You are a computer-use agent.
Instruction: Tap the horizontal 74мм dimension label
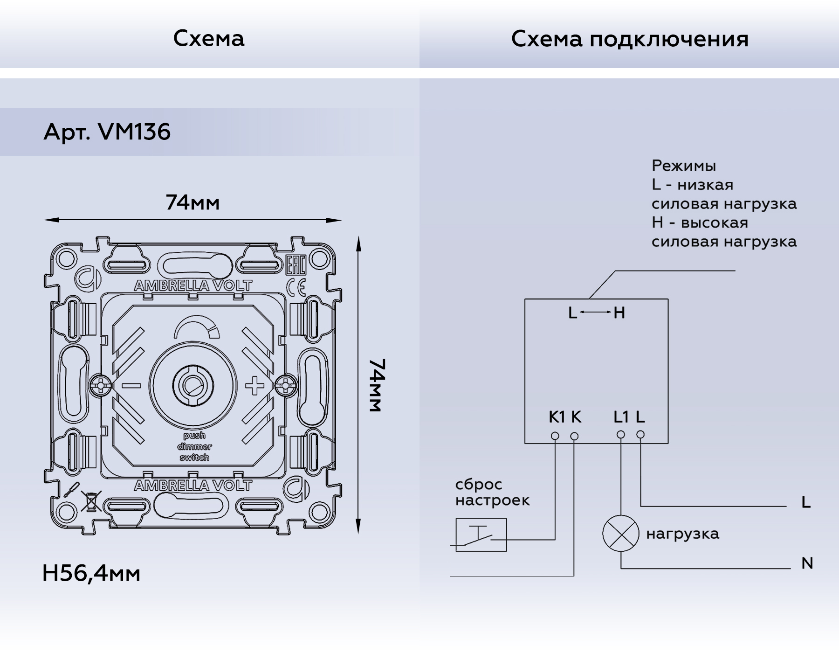(x=193, y=203)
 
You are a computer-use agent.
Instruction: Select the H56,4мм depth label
(x=91, y=573)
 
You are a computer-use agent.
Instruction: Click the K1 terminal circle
(x=555, y=436)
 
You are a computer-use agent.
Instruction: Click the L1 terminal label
(x=621, y=417)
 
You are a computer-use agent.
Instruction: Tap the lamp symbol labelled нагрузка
(x=620, y=535)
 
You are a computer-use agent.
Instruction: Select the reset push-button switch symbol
(x=481, y=535)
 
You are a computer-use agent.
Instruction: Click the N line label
(x=807, y=563)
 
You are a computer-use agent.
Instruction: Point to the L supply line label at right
(x=806, y=503)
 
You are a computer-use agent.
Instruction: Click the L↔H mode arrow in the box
(x=596, y=313)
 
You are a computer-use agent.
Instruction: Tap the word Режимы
(x=683, y=166)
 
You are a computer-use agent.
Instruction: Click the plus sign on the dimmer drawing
(x=254, y=386)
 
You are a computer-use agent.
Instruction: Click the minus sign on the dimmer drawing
(x=131, y=386)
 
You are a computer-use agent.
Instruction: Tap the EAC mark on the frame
(x=295, y=265)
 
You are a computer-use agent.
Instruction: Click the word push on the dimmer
(x=194, y=436)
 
